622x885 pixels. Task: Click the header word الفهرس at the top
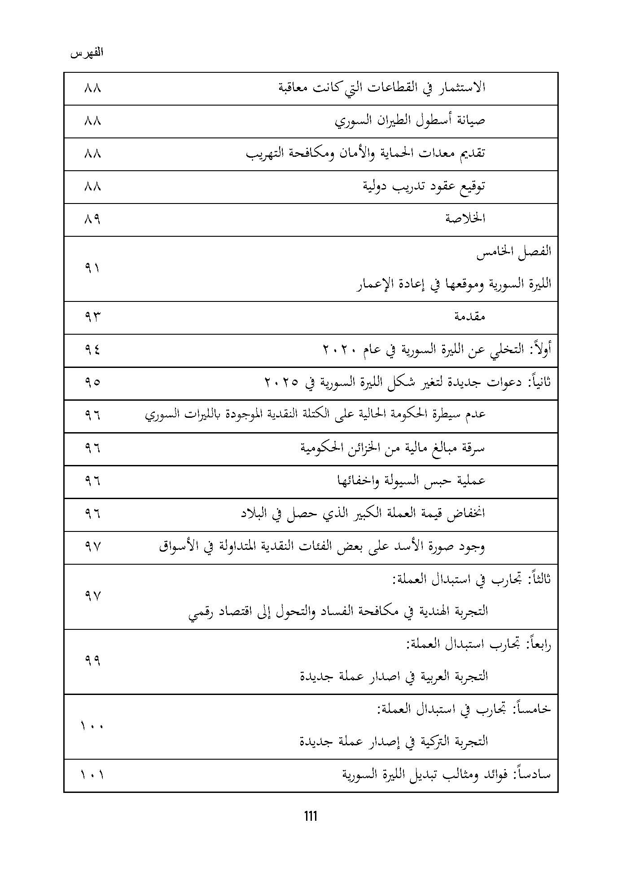pyautogui.click(x=87, y=53)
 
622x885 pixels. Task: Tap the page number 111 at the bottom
pyautogui.click(x=311, y=815)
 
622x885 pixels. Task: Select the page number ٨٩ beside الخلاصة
pyautogui.click(x=92, y=219)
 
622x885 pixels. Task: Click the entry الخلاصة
pyautogui.click(x=465, y=219)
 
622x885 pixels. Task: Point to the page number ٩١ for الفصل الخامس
pyautogui.click(x=92, y=268)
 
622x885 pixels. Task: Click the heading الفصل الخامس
pyautogui.click(x=514, y=252)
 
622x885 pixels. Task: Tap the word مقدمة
pyautogui.click(x=470, y=317)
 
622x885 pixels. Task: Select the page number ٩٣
pyautogui.click(x=92, y=317)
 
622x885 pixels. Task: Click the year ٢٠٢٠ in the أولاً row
pyautogui.click(x=341, y=350)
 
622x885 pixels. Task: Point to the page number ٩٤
pyautogui.click(x=92, y=350)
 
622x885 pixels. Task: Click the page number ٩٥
pyautogui.click(x=92, y=382)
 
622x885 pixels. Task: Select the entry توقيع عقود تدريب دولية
pyautogui.click(x=424, y=186)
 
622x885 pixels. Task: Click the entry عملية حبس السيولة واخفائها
pyautogui.click(x=412, y=481)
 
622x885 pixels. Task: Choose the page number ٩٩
pyautogui.click(x=92, y=661)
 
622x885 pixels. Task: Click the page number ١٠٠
pyautogui.click(x=92, y=726)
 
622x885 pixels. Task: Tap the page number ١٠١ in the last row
pyautogui.click(x=92, y=775)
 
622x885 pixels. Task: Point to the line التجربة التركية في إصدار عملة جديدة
pyautogui.click(x=394, y=741)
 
